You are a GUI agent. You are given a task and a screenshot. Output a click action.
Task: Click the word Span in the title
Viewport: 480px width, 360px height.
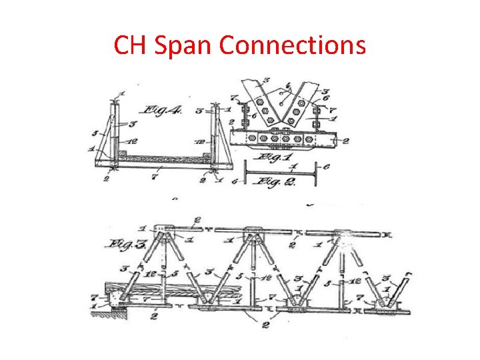(x=181, y=45)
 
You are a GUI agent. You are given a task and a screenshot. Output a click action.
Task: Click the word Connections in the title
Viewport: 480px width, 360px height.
(x=292, y=45)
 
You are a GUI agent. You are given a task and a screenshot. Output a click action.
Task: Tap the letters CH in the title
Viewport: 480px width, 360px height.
(x=129, y=45)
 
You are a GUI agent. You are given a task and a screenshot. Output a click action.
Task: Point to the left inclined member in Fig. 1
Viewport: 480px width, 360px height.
(x=257, y=100)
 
